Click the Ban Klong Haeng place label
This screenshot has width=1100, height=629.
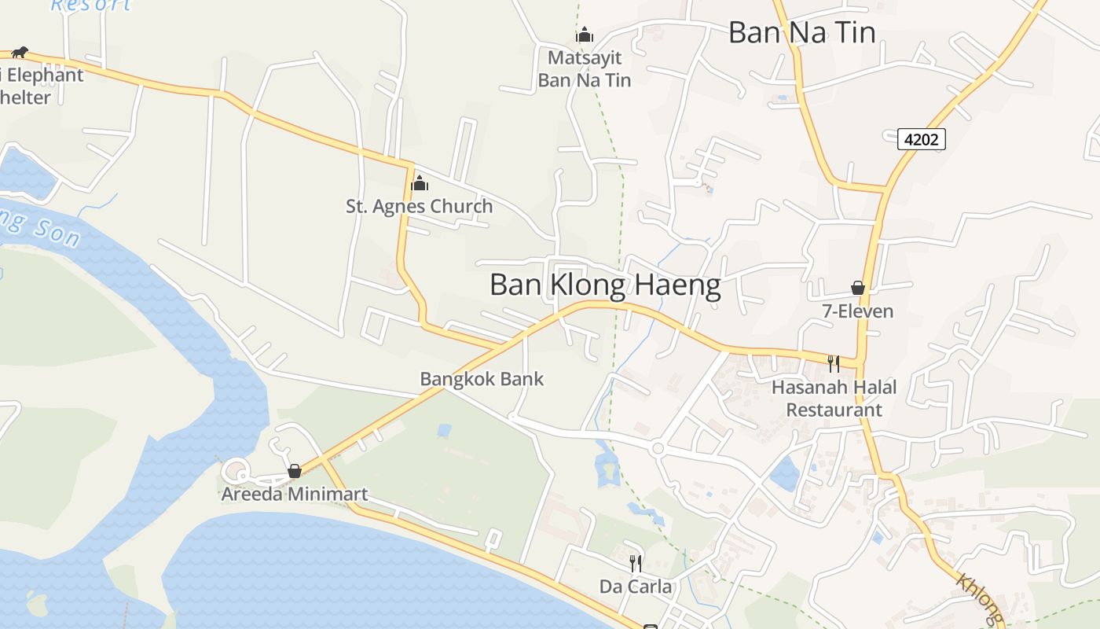tap(605, 285)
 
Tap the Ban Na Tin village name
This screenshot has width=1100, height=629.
tap(801, 32)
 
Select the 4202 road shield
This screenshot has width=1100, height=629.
tap(921, 140)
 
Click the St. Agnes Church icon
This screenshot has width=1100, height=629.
tap(420, 184)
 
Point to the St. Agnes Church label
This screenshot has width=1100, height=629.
tap(420, 207)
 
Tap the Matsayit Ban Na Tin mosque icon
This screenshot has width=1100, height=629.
tap(584, 35)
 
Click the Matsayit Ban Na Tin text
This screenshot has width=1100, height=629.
tap(584, 68)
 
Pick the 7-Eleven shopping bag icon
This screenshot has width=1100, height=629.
tap(858, 289)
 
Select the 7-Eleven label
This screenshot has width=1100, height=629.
tap(858, 311)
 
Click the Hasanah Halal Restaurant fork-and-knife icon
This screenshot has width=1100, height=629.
tap(833, 363)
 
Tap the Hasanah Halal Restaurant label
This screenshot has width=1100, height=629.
tap(834, 398)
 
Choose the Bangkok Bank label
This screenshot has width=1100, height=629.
tap(482, 379)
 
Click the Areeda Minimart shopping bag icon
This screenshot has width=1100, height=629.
tap(295, 471)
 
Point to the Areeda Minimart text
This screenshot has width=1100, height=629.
tap(295, 495)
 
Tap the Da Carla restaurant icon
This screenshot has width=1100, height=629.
tap(636, 563)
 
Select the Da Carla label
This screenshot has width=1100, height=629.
tap(636, 587)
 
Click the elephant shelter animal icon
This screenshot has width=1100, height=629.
tap(20, 53)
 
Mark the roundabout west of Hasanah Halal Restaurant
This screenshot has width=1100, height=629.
tap(658, 448)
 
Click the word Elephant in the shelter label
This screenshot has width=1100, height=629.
tap(46, 75)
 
